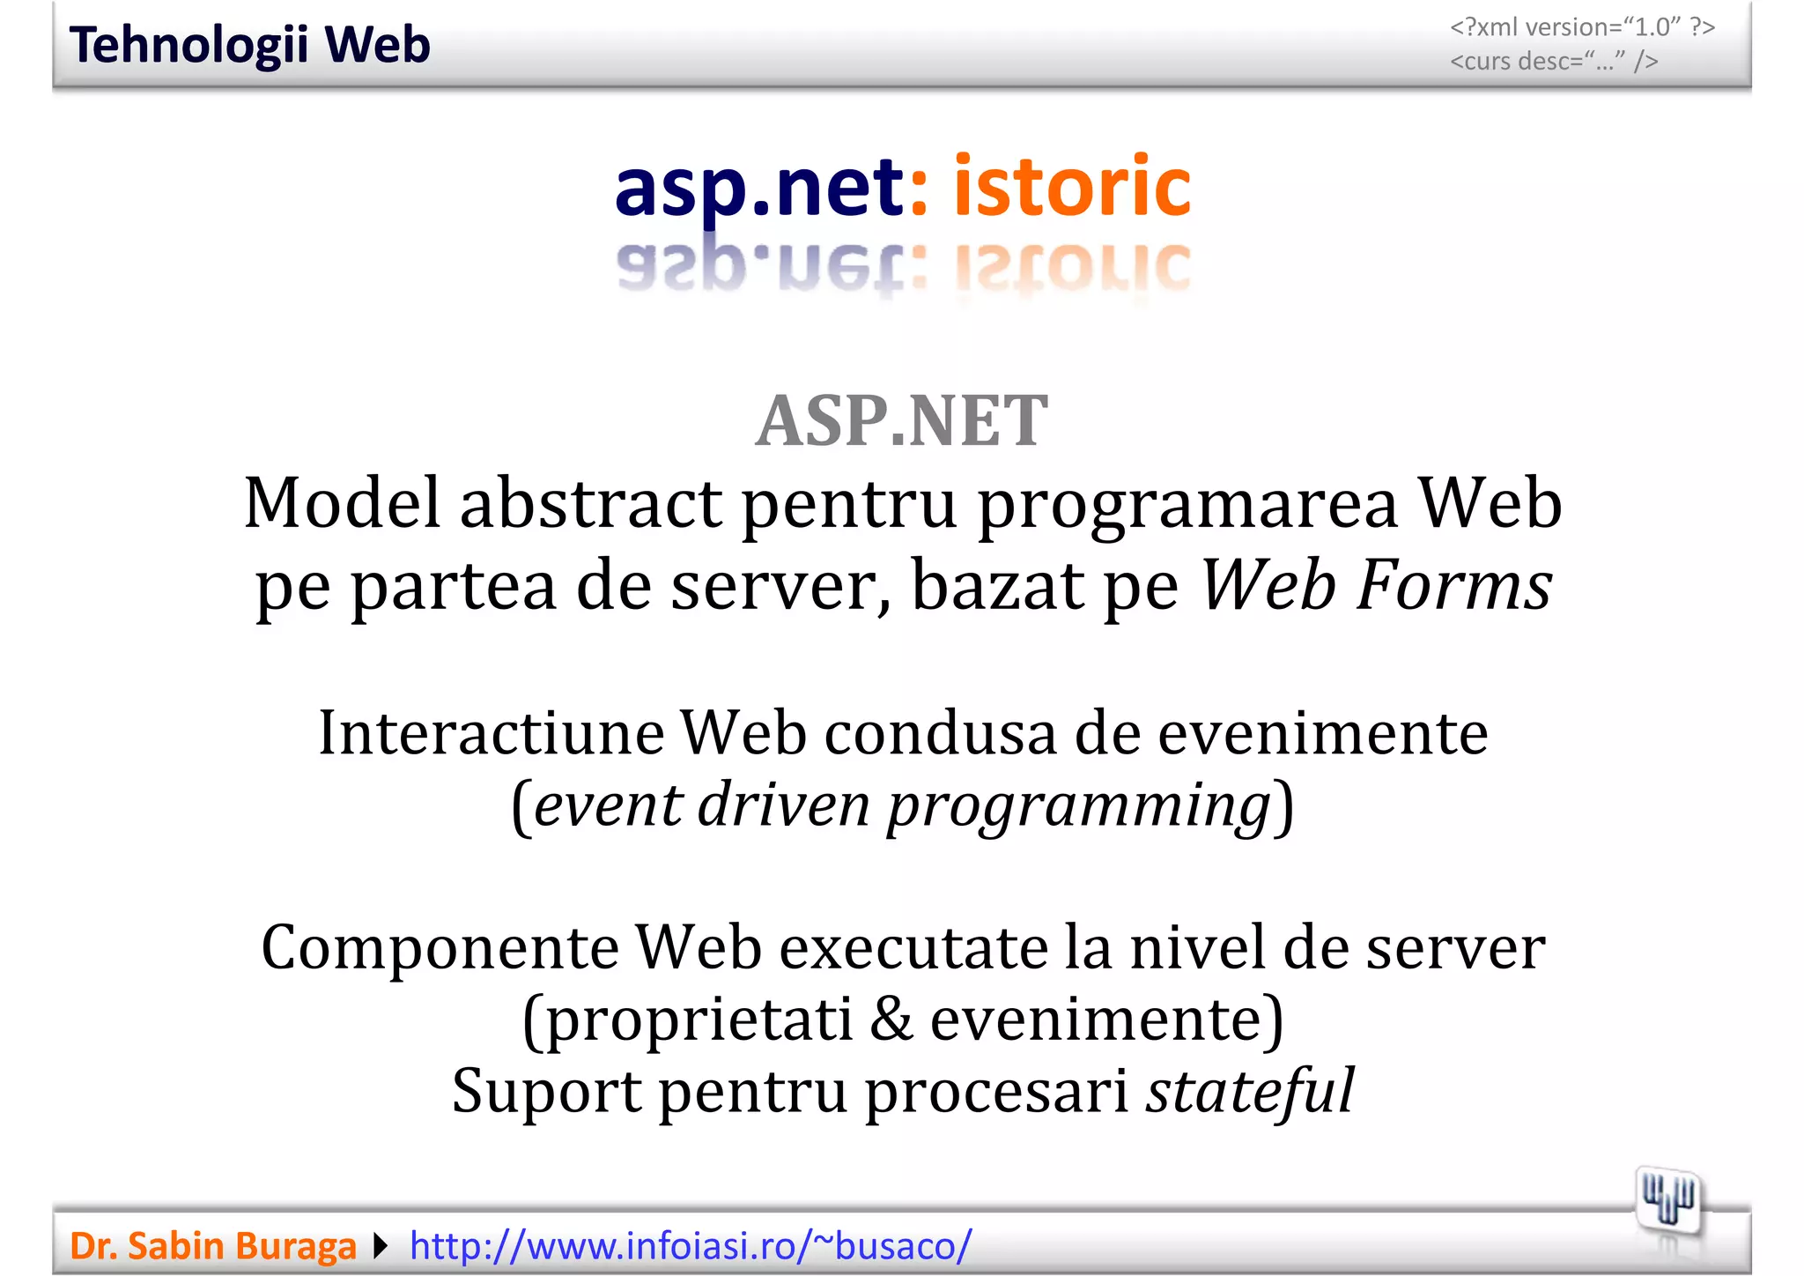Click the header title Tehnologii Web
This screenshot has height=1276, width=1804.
[x=249, y=46]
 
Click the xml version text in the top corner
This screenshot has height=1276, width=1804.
[x=1582, y=27]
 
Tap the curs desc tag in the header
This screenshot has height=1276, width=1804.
[x=1554, y=62]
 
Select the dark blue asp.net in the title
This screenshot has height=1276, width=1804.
[x=758, y=188]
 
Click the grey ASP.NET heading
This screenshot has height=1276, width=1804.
[x=901, y=421]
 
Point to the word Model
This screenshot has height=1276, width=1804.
[x=342, y=503]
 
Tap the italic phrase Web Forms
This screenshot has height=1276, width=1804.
[x=1376, y=585]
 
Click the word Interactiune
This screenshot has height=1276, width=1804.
[x=491, y=733]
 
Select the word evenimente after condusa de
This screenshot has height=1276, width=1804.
[x=1322, y=733]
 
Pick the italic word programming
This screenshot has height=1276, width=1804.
[x=1078, y=806]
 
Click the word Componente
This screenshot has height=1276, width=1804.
[x=440, y=948]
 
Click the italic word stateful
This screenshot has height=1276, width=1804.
[x=1249, y=1091]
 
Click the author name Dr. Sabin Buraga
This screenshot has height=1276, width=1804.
[x=213, y=1246]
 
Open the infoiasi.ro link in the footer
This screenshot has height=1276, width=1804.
[x=691, y=1246]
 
